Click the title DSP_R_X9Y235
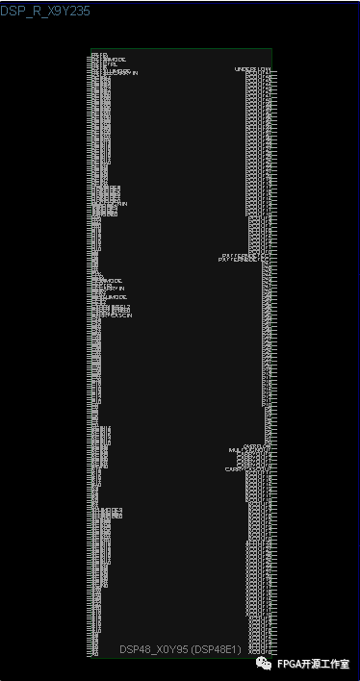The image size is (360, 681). [x=46, y=9]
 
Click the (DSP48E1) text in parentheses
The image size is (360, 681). [x=244, y=649]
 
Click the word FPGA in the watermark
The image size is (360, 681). [x=290, y=664]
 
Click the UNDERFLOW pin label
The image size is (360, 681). [x=252, y=69]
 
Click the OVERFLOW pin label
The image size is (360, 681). [x=256, y=446]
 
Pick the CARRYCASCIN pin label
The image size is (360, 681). [x=116, y=315]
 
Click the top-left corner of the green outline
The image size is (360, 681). [x=91, y=49]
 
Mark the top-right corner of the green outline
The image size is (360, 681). [x=271, y=49]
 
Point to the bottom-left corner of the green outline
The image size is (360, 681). [x=91, y=657]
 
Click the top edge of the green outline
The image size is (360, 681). [x=181, y=49]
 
